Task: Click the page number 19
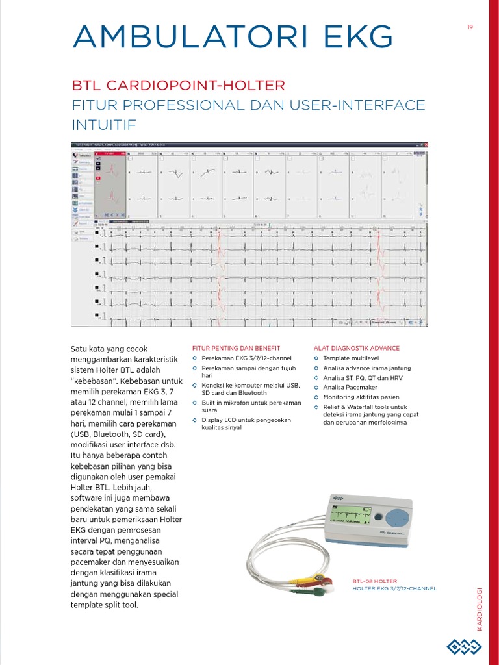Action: pyautogui.click(x=469, y=27)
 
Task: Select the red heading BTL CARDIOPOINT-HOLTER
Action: pyautogui.click(x=179, y=86)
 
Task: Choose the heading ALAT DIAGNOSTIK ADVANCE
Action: pyautogui.click(x=357, y=348)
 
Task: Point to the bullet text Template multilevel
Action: pyautogui.click(x=351, y=358)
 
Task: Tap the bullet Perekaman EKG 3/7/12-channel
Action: pyautogui.click(x=246, y=358)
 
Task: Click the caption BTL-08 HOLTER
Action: pyautogui.click(x=374, y=581)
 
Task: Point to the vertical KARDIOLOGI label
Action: pyautogui.click(x=480, y=608)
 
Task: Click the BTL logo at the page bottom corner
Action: pyautogui.click(x=463, y=646)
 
